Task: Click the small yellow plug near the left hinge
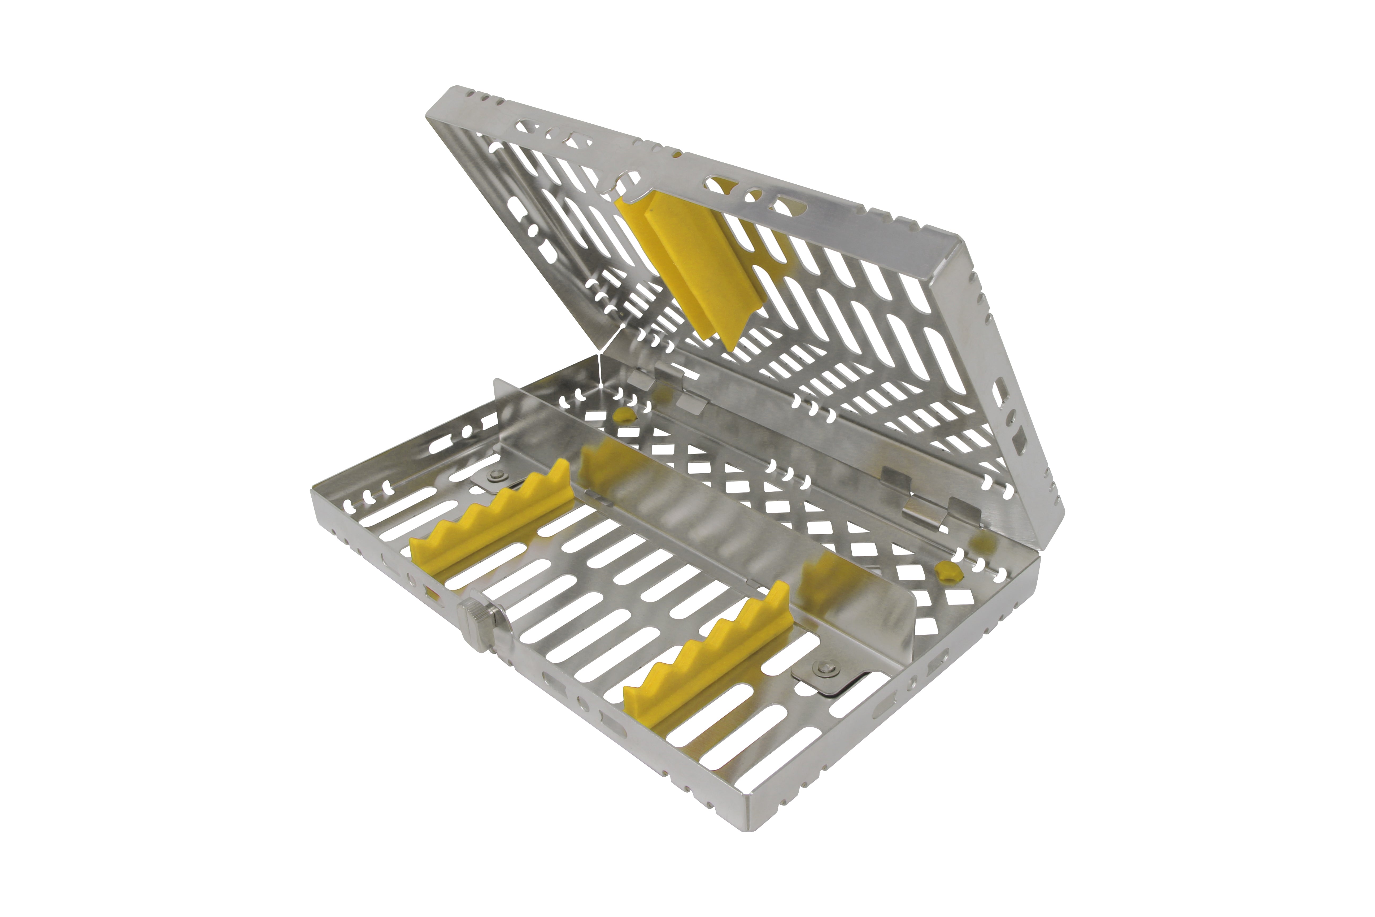pyautogui.click(x=624, y=416)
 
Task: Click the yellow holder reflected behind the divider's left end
pyautogui.click(x=608, y=462)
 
